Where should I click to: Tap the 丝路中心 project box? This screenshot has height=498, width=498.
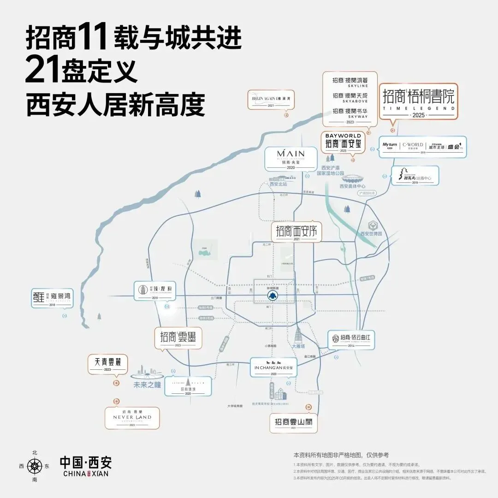415,176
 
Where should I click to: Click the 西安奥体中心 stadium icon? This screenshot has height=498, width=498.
352,178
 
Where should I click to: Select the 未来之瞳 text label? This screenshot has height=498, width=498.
147,385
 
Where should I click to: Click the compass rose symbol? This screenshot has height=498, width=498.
35,466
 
